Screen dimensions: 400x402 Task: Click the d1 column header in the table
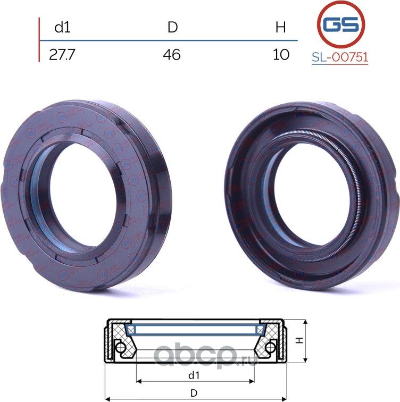62,28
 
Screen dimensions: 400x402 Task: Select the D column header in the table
172,27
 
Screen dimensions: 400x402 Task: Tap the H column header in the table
280,28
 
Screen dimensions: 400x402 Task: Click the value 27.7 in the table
62,55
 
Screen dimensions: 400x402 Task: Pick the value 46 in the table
171,55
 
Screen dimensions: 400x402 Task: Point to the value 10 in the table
281,55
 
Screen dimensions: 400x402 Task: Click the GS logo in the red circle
341,24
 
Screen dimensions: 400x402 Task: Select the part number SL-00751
340,57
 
